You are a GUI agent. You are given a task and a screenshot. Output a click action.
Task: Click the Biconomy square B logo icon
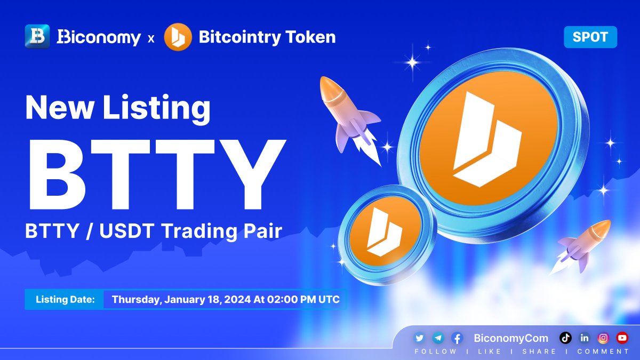click(x=37, y=37)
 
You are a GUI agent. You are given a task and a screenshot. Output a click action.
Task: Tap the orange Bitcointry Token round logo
click(x=178, y=37)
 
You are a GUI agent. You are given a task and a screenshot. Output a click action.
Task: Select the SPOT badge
click(x=590, y=37)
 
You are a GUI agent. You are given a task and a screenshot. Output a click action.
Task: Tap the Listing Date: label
click(x=65, y=299)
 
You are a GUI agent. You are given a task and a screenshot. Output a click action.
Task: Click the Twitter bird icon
click(x=419, y=338)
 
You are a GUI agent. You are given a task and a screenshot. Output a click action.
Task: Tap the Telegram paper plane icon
click(x=438, y=338)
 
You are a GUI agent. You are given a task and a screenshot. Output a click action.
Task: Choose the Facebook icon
click(x=457, y=338)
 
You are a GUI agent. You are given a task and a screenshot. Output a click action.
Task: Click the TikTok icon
click(x=566, y=338)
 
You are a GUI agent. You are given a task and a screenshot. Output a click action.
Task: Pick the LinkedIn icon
click(x=585, y=338)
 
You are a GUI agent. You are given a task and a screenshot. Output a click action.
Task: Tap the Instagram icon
click(x=603, y=338)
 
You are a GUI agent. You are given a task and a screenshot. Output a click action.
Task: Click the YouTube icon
click(x=622, y=338)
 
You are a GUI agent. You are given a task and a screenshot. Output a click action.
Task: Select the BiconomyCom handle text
click(x=510, y=338)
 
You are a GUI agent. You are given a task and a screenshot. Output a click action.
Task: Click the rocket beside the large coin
click(x=347, y=115)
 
